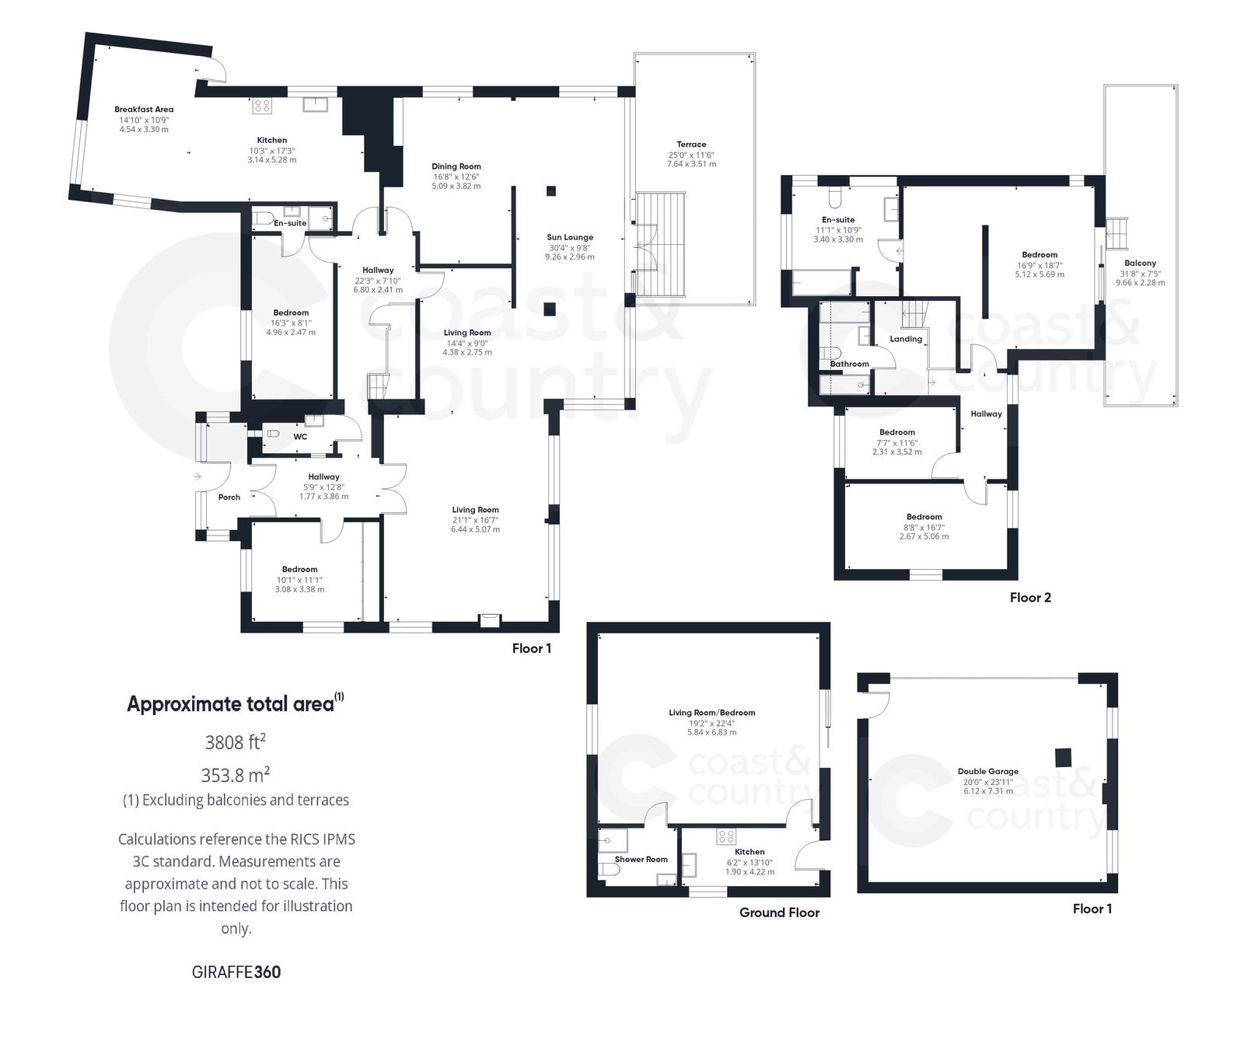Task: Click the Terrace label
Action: [691, 145]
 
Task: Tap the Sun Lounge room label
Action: [570, 238]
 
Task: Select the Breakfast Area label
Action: [144, 110]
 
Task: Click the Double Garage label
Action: [987, 772]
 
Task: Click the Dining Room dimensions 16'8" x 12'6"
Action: [456, 176]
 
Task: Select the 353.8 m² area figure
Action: [236, 775]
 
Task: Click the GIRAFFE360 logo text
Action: [236, 972]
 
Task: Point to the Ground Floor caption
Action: [779, 913]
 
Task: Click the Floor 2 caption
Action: [1030, 598]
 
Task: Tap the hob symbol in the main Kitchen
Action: [262, 106]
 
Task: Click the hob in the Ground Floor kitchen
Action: [726, 837]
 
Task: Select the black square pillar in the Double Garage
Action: [1063, 756]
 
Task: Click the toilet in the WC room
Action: [272, 434]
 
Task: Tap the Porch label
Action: [229, 497]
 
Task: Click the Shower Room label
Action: [641, 860]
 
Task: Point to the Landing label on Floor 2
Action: [906, 339]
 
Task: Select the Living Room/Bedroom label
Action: [711, 713]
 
